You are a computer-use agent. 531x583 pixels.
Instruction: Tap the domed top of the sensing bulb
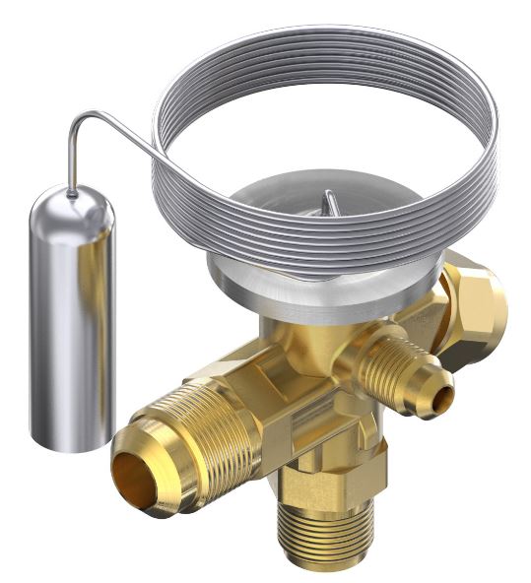[x=71, y=202]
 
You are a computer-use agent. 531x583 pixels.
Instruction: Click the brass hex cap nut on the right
[x=473, y=305]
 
